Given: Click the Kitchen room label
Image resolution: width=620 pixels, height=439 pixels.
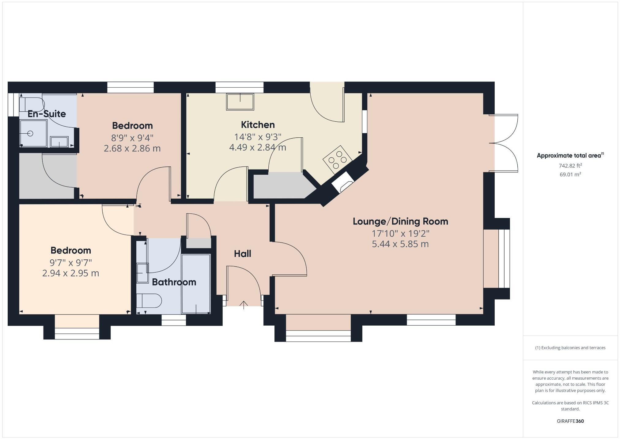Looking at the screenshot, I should point(258,125).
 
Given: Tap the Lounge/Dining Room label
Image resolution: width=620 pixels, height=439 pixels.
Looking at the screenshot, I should point(400,221).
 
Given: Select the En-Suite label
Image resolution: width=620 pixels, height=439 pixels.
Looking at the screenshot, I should point(47,114).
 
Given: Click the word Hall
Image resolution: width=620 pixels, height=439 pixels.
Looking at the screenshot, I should point(242,254).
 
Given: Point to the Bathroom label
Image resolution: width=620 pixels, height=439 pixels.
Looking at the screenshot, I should point(174,282).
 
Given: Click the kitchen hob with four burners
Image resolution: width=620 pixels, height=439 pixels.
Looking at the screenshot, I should point(337,159).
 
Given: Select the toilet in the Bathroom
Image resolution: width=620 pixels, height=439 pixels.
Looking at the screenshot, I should point(149,300).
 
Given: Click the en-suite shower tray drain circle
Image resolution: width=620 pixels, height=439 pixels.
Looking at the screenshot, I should point(30,133).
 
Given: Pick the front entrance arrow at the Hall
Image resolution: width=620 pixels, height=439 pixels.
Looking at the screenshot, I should point(244,305).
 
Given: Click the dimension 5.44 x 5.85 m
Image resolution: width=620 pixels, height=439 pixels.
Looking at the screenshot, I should point(400,244).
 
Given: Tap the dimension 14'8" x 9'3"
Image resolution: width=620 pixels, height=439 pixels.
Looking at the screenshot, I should point(258,137).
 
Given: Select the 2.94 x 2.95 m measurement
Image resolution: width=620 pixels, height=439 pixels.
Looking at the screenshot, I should point(70,273).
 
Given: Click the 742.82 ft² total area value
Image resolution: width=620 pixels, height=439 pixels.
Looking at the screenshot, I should point(570,166).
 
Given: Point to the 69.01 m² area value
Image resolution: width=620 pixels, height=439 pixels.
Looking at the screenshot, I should point(570,174).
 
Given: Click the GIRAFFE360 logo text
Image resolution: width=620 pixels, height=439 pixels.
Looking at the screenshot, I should point(570,421).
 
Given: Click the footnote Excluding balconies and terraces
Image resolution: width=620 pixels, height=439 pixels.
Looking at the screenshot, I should point(570,348).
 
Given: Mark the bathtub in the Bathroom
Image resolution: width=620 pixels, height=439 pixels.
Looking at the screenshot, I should point(196,284).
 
